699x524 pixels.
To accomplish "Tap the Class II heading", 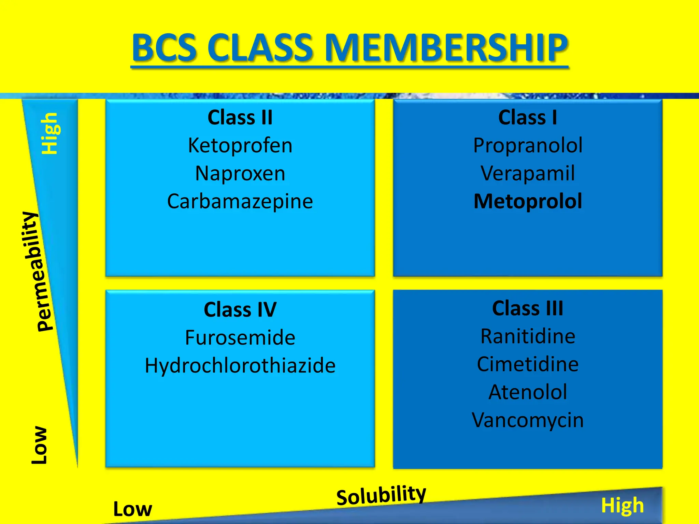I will [240, 118].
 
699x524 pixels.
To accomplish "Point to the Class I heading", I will [528, 118].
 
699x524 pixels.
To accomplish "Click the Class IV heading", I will [240, 310].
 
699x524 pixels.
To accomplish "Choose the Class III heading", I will [528, 308].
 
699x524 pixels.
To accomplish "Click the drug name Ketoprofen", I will [240, 146].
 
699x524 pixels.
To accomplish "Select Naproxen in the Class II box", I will [240, 173].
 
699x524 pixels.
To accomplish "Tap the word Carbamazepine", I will [240, 201].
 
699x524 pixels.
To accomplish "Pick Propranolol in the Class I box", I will [528, 146].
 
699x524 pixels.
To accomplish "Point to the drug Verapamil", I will [528, 173].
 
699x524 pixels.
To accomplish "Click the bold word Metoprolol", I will [528, 201].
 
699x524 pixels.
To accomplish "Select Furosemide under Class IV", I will [240, 338].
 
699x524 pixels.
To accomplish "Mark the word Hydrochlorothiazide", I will [240, 366].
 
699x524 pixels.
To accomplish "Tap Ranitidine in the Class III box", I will [528, 336].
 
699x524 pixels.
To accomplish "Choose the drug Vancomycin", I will [528, 420].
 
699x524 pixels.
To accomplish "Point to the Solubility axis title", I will [381, 495].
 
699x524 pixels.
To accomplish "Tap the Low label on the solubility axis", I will [132, 509].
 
